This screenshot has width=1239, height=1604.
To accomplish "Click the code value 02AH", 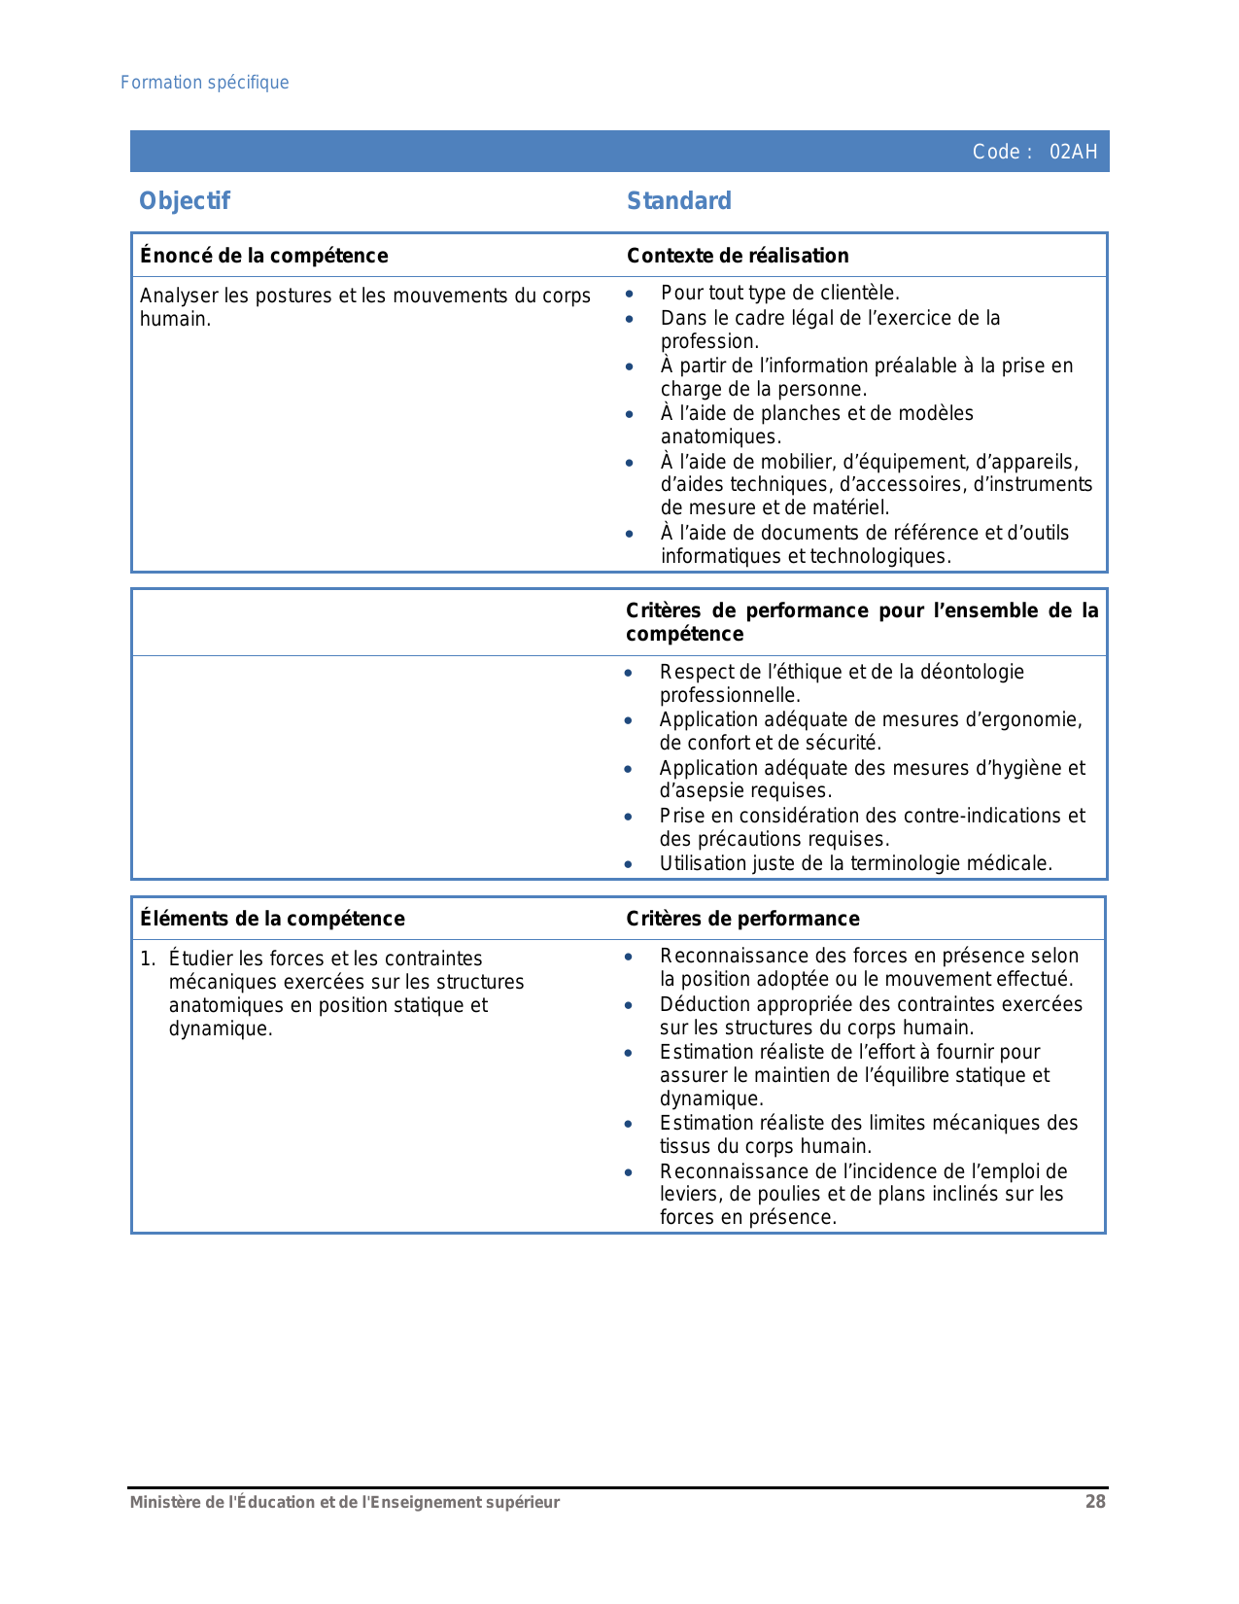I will tap(1073, 152).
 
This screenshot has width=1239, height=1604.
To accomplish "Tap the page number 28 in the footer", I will tap(1095, 1502).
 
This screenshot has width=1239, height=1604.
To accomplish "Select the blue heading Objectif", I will tap(185, 201).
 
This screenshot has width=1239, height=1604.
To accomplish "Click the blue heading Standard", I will tap(679, 201).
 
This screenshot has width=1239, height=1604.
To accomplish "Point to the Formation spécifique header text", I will tap(205, 83).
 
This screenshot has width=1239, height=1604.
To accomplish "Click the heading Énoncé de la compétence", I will tap(264, 256).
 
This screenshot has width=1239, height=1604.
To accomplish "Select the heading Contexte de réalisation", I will tap(738, 256).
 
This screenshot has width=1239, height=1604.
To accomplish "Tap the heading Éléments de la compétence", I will tap(272, 919).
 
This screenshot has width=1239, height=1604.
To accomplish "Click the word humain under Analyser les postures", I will tap(174, 320).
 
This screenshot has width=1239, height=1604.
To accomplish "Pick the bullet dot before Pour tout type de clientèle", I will tap(630, 294).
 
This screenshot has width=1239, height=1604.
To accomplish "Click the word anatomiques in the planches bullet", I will tap(719, 437).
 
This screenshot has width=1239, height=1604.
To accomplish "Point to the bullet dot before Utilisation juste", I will tap(629, 864).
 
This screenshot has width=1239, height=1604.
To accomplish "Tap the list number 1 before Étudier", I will tap(146, 959).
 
